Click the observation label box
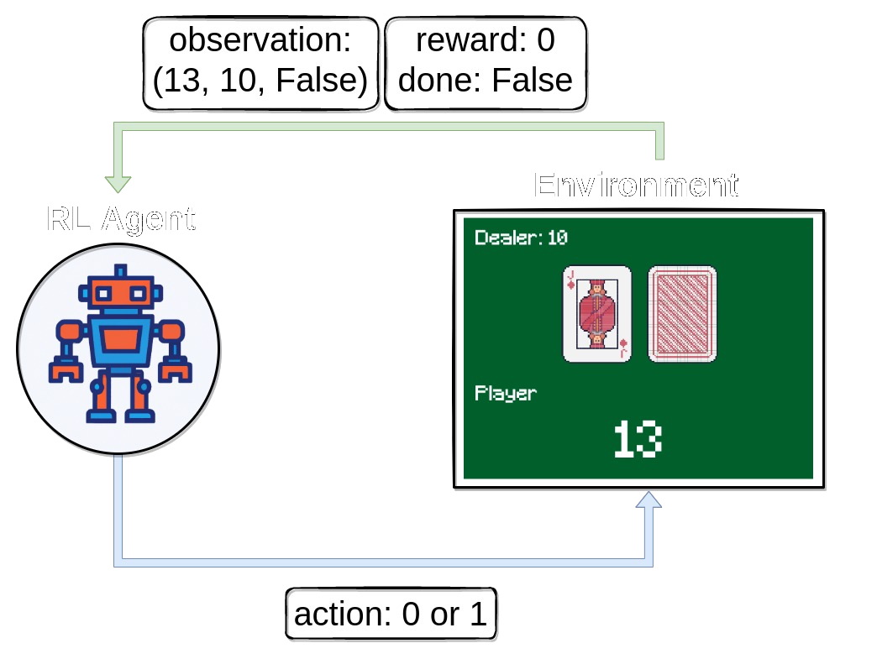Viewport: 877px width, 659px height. (261, 64)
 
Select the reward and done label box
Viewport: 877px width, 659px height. (486, 64)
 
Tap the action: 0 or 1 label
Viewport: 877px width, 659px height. (391, 615)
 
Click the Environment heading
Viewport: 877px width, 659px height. (636, 185)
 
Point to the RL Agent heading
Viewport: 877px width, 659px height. (121, 218)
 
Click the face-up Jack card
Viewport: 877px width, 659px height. (596, 313)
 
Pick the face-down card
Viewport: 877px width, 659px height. (682, 313)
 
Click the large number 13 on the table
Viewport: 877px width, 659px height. (637, 439)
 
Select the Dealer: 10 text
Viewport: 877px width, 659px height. (521, 238)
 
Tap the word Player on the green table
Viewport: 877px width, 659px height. (505, 392)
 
